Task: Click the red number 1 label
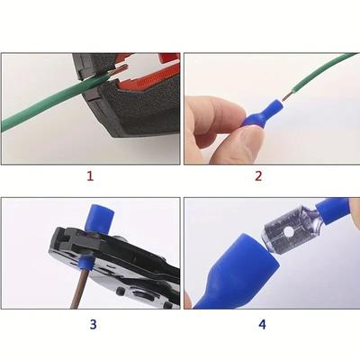(90, 175)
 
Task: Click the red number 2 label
(258, 175)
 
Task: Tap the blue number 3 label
(93, 324)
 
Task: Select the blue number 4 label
(262, 324)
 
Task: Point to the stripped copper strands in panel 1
(120, 69)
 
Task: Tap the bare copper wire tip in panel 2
(287, 97)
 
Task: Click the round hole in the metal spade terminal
(289, 231)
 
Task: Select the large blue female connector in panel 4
(237, 272)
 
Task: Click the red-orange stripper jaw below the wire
(141, 85)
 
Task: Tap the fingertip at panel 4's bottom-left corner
(187, 300)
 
